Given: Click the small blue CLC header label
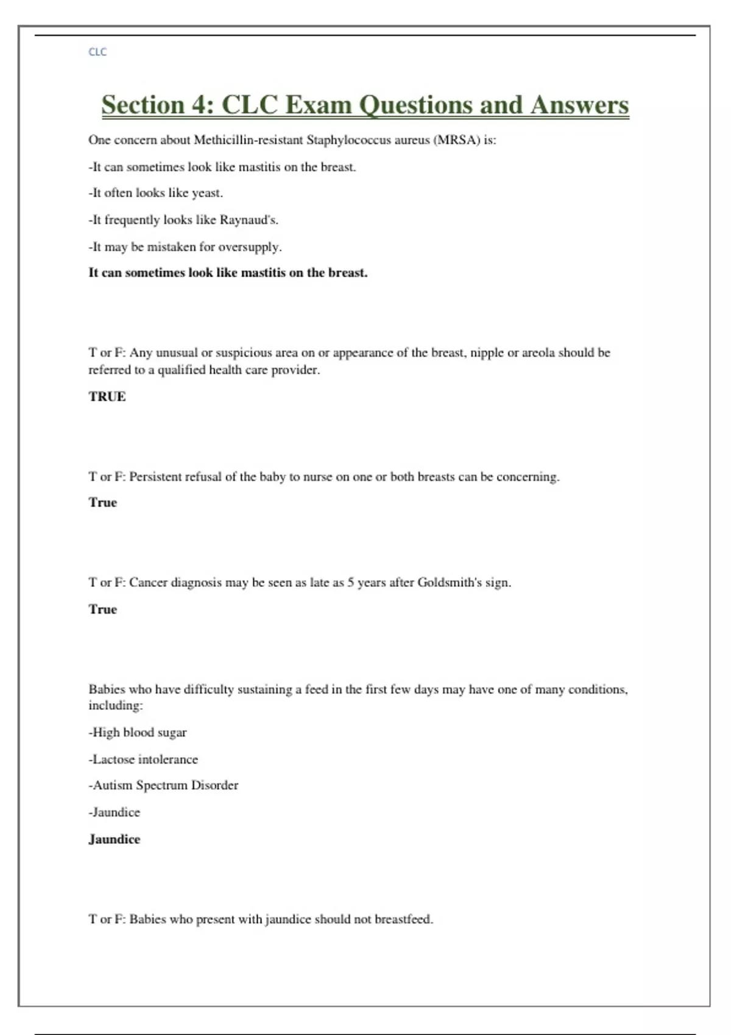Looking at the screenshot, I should click(97, 52).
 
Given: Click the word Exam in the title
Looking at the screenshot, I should click(318, 105).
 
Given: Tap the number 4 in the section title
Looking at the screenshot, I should click(198, 105).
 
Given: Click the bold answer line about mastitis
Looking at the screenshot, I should click(228, 273).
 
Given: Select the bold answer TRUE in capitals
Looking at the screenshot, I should click(107, 397).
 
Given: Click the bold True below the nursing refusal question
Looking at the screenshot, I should click(102, 503).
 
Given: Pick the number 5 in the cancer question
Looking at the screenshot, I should click(351, 583).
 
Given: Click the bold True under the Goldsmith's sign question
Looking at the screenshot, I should click(102, 609).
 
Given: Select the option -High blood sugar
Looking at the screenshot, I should click(138, 732).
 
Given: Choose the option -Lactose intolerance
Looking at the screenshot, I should click(143, 759).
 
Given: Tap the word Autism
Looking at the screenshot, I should click(112, 785).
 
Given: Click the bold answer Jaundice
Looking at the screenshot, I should click(115, 840).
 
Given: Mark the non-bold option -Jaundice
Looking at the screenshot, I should click(115, 812).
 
